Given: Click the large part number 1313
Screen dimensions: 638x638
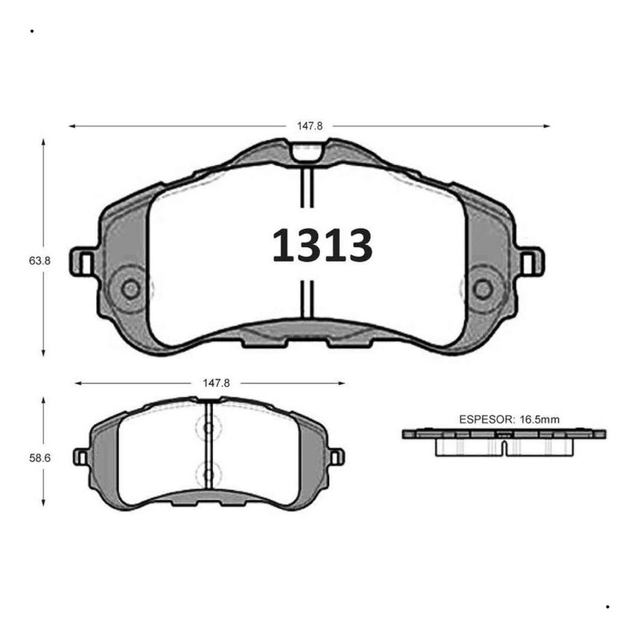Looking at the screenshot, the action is click(322, 245).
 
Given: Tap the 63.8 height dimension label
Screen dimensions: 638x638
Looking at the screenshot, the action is click(40, 261).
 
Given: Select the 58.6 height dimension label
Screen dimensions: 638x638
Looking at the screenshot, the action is click(40, 458).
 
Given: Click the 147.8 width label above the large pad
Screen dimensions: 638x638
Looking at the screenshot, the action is click(309, 126).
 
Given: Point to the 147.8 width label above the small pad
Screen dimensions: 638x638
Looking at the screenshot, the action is click(216, 383).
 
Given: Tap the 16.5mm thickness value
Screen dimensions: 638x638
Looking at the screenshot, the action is click(539, 419).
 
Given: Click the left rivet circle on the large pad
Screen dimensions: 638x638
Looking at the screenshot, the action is click(131, 289).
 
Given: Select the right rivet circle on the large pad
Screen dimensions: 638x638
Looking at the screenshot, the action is click(483, 289).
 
